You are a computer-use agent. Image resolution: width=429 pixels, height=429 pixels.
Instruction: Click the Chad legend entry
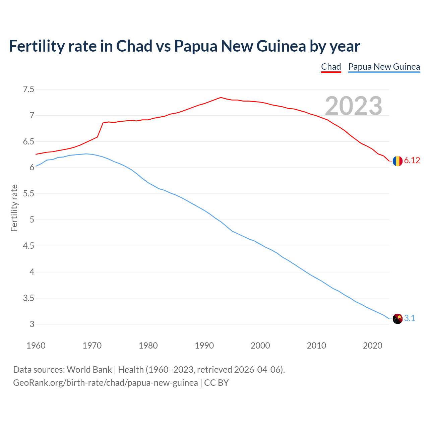(331, 67)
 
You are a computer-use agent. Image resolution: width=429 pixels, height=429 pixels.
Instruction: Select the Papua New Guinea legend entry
(384, 67)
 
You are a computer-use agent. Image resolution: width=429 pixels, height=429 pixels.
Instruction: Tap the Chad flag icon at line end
(397, 161)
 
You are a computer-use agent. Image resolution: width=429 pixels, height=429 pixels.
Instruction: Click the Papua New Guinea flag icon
(397, 319)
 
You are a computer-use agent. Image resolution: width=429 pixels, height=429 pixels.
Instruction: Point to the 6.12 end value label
(412, 161)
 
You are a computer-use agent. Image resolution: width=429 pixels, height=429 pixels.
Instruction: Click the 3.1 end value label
(410, 318)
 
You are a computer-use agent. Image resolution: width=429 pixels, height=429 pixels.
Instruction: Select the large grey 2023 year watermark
(354, 106)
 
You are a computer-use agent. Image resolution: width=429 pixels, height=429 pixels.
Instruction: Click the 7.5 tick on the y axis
(28, 89)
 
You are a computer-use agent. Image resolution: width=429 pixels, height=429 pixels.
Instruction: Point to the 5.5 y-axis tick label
(28, 194)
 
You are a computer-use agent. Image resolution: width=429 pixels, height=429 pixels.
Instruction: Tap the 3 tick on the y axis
(32, 324)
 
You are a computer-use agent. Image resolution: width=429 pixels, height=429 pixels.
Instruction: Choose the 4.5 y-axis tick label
(28, 246)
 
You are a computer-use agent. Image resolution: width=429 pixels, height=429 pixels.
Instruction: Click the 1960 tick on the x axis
(36, 346)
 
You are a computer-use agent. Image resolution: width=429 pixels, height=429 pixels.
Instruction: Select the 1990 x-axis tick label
(204, 346)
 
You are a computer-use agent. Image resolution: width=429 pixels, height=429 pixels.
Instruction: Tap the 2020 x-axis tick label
(372, 346)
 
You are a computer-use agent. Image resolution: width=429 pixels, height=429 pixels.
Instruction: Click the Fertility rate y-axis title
(14, 208)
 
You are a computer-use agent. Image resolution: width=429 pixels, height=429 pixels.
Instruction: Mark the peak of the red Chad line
(221, 98)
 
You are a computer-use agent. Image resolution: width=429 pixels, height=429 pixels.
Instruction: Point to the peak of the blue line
(86, 154)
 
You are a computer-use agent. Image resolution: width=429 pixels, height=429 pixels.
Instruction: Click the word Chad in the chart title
(134, 46)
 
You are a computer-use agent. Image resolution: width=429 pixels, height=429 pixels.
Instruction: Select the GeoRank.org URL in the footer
(105, 383)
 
